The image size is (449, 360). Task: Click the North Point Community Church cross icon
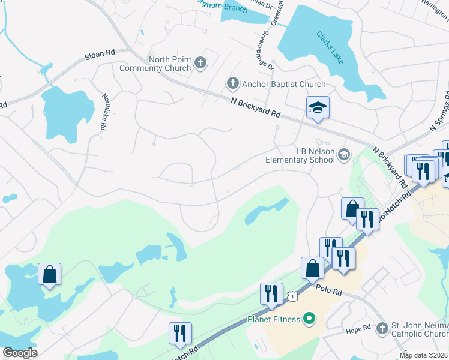tap(200, 61)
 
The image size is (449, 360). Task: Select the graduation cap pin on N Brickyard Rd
tap(318, 108)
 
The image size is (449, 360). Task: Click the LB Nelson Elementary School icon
tap(343, 155)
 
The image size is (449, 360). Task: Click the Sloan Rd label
tap(100, 55)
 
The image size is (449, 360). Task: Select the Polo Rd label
tap(328, 291)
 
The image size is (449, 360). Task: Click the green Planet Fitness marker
tap(309, 318)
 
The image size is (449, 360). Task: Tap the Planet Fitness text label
tap(274, 319)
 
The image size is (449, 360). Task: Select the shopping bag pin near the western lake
tap(50, 275)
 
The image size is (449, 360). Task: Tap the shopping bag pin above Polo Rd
tap(313, 268)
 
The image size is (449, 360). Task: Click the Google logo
tap(20, 353)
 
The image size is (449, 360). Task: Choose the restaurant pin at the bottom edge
tap(180, 334)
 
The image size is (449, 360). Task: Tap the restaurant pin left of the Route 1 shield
tap(271, 294)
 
